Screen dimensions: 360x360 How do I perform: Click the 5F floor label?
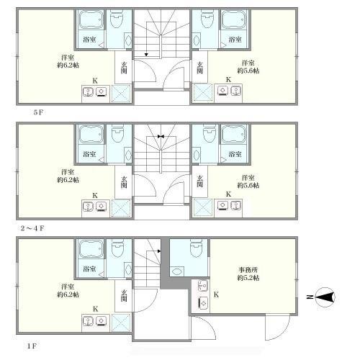[x=38, y=112]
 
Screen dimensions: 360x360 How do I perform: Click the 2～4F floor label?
[x=32, y=228]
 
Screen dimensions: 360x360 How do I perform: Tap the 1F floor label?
[x=32, y=346]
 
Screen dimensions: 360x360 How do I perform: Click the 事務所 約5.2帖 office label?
[x=248, y=274]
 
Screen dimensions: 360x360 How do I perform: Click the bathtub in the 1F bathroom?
[x=91, y=248]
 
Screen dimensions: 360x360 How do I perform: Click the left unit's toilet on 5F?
[x=117, y=18]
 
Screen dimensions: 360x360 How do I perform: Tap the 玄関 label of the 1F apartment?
[x=124, y=296]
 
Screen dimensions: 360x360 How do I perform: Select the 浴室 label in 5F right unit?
[x=235, y=39]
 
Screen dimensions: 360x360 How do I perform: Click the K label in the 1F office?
[x=216, y=294]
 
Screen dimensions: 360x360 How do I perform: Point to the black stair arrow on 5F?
[x=146, y=55]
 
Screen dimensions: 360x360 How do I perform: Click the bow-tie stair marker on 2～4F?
[x=161, y=136]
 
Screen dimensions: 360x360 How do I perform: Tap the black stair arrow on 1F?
[x=159, y=251]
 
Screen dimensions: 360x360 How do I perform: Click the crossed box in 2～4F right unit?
[x=203, y=207]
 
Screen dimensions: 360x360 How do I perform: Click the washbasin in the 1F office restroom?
[x=176, y=271]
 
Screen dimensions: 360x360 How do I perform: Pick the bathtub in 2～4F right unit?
[x=234, y=134]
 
